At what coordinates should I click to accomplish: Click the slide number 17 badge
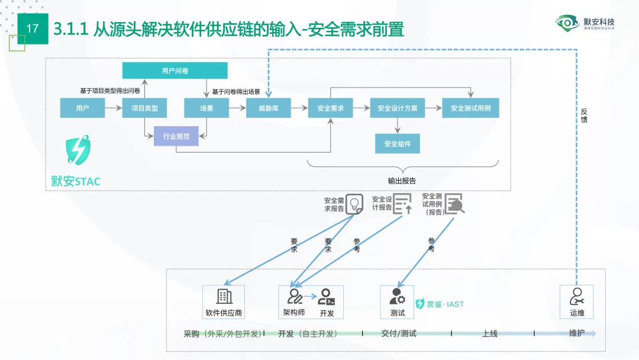pyautogui.click(x=33, y=28)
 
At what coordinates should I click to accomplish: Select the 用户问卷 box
pyautogui.click(x=175, y=70)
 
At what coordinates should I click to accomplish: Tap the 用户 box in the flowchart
pyautogui.click(x=82, y=108)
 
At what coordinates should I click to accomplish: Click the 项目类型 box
pyautogui.click(x=144, y=108)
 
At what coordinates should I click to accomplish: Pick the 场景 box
pyautogui.click(x=206, y=108)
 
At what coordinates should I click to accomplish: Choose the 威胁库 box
pyautogui.click(x=269, y=108)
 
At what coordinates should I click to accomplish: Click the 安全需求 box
pyautogui.click(x=331, y=108)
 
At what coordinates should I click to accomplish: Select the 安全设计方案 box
pyautogui.click(x=398, y=108)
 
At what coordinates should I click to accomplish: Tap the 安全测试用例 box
pyautogui.click(x=470, y=108)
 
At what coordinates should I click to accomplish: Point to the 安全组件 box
pyautogui.click(x=398, y=144)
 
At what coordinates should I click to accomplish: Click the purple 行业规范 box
pyautogui.click(x=176, y=137)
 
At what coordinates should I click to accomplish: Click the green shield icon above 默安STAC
pyautogui.click(x=78, y=150)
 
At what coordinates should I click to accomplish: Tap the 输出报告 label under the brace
pyautogui.click(x=402, y=181)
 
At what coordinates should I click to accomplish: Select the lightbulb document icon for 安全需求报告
pyautogui.click(x=354, y=204)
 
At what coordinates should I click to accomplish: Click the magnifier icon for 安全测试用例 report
pyautogui.click(x=454, y=204)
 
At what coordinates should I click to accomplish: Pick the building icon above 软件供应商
pyautogui.click(x=224, y=296)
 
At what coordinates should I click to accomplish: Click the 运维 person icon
pyautogui.click(x=576, y=296)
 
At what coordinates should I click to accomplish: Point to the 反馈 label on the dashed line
pyautogui.click(x=584, y=115)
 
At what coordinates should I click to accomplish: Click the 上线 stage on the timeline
pyautogui.click(x=489, y=333)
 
